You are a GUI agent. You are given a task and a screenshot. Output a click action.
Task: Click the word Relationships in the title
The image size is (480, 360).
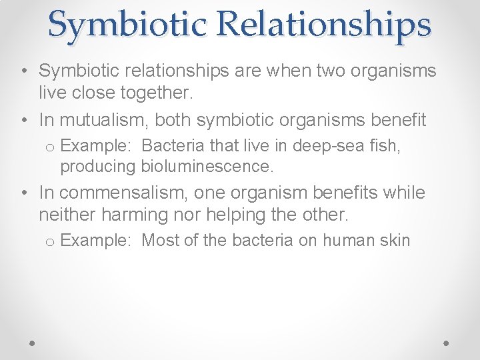coord(324,24)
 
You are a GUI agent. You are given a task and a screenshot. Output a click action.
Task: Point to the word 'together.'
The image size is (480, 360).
coord(154,93)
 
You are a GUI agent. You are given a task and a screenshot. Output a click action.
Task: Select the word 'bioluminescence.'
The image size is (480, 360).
coord(207,166)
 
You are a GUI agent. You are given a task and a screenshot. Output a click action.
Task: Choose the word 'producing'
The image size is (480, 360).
coord(98,166)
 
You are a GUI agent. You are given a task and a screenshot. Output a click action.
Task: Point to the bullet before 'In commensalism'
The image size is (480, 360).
coord(24,193)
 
